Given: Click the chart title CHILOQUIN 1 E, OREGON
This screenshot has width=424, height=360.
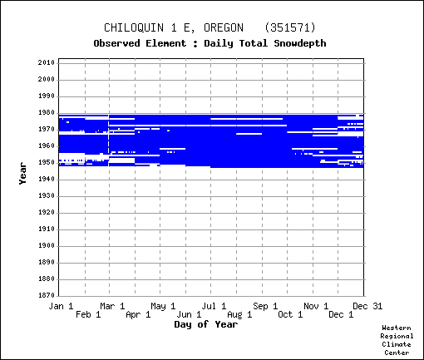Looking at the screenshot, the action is (174, 27).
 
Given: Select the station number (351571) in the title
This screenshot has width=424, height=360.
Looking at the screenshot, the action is (290, 27).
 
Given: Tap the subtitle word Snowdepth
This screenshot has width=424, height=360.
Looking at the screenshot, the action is (300, 43).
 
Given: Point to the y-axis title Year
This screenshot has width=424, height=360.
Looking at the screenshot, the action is (22, 173).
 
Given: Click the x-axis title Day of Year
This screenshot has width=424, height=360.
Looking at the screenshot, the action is (206, 324).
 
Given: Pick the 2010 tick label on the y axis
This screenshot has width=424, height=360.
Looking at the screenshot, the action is (47, 62).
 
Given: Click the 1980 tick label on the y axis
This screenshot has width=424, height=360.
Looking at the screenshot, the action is (47, 113).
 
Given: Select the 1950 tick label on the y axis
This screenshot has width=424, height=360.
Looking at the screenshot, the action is (47, 163).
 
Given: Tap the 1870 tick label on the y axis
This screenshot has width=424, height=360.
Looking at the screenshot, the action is (47, 295).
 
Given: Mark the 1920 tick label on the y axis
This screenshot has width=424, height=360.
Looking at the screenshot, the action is (47, 213).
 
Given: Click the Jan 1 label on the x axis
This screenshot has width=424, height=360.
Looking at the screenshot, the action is (61, 306).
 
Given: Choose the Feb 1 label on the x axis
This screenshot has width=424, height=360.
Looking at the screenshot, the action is (88, 314).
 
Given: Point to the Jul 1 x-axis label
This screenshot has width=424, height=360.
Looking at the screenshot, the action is (214, 306).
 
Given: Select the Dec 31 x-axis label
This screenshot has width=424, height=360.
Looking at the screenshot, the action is (367, 306).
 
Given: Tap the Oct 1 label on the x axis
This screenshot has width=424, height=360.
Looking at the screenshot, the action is (290, 314).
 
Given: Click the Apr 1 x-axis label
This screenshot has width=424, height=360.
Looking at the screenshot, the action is (138, 314).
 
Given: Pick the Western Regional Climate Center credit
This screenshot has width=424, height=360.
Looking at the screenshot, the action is (397, 340).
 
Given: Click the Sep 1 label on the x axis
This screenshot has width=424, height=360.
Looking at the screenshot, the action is (265, 306).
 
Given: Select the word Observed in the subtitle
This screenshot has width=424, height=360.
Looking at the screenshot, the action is (116, 43).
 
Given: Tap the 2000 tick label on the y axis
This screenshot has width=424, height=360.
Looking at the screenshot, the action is (47, 79).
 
